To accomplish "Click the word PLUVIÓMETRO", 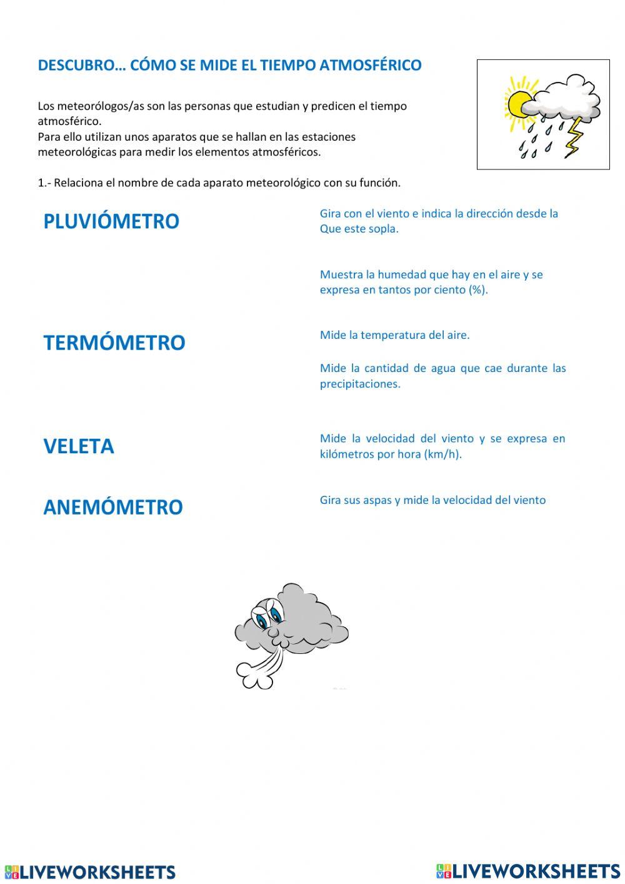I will [x=111, y=221].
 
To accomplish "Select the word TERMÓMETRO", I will [x=114, y=343].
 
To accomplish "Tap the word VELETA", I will [x=79, y=446].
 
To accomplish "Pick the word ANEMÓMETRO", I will [x=112, y=507].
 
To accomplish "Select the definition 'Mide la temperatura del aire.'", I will [x=394, y=335].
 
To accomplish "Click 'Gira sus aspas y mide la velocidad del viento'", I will [x=432, y=500].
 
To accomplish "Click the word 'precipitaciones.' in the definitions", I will [x=360, y=384].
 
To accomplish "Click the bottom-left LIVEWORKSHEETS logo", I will [x=90, y=872].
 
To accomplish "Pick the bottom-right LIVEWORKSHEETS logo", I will [x=528, y=871].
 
